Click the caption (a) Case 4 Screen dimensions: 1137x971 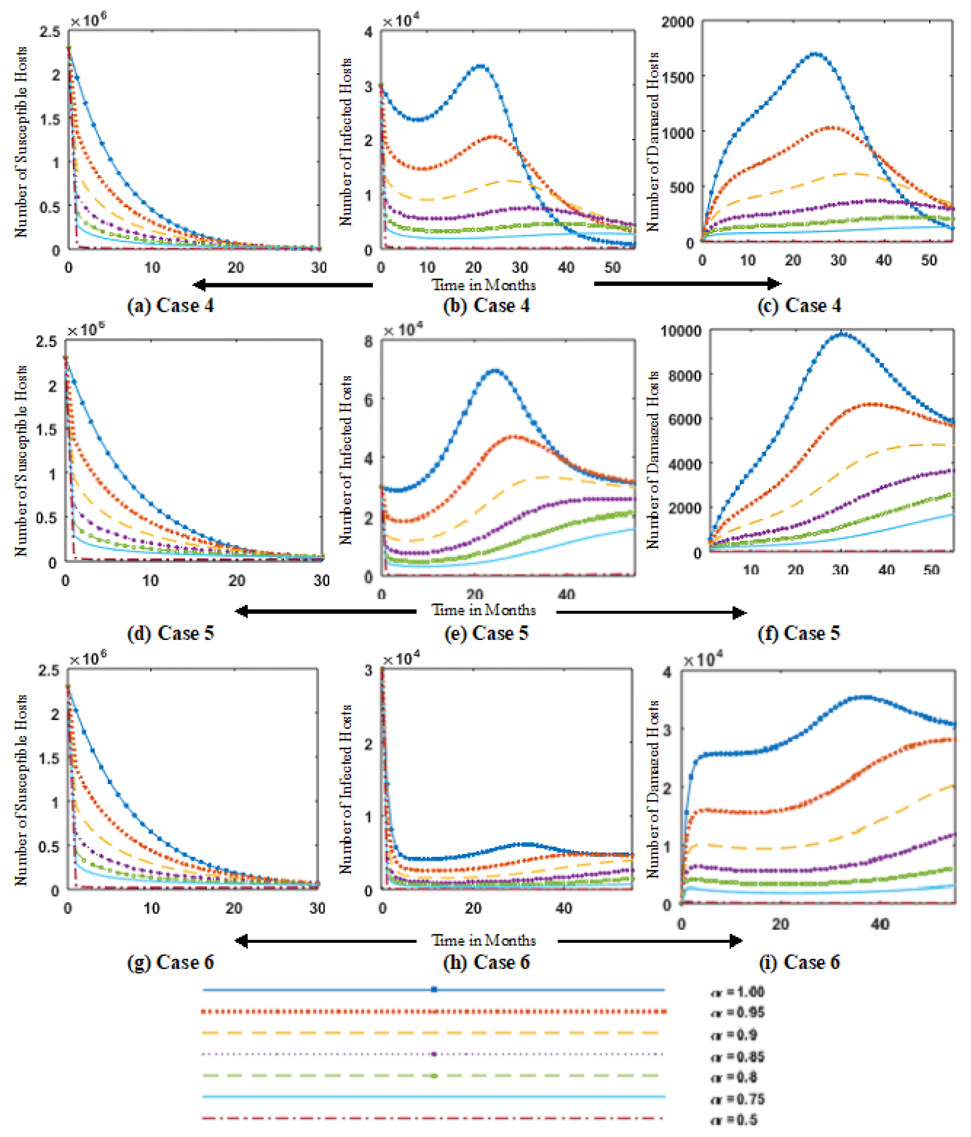pyautogui.click(x=170, y=306)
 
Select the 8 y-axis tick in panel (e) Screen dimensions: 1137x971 pyautogui.click(x=368, y=341)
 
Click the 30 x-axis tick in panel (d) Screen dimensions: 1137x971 pyautogui.click(x=322, y=581)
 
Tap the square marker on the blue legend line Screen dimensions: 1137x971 pyautogui.click(x=434, y=990)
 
